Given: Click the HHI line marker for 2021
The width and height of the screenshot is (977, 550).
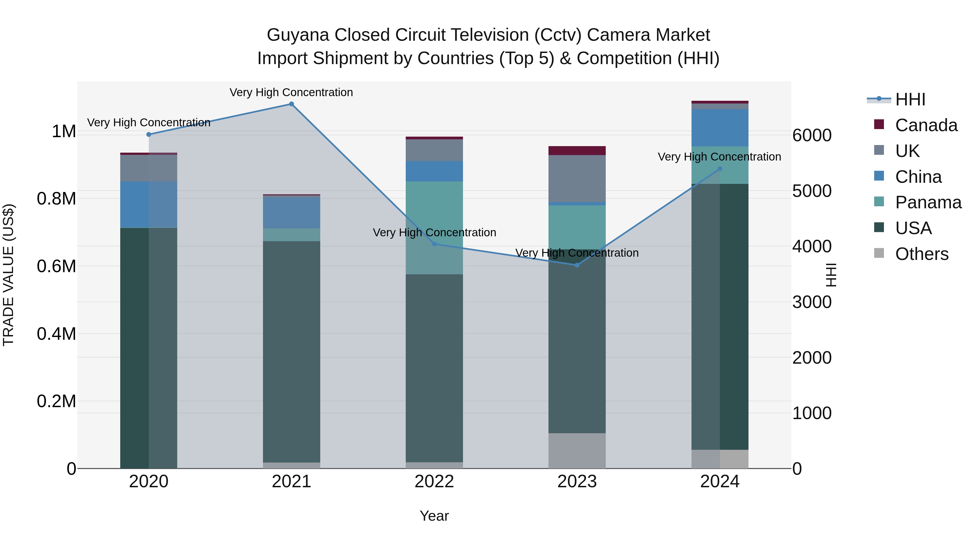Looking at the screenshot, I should pyautogui.click(x=291, y=104).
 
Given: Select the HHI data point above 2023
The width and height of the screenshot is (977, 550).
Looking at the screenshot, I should pyautogui.click(x=577, y=265).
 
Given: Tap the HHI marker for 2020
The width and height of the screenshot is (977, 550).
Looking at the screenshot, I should pyautogui.click(x=149, y=134).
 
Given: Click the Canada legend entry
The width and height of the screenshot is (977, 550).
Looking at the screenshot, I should pyautogui.click(x=925, y=125).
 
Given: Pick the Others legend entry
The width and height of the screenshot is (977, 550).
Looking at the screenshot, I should pyautogui.click(x=921, y=254).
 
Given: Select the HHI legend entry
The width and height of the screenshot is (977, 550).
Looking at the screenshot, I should pyautogui.click(x=910, y=99).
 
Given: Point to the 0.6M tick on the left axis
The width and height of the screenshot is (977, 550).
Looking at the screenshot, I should pyautogui.click(x=56, y=266).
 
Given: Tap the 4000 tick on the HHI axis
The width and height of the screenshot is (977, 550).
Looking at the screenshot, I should pyautogui.click(x=812, y=246).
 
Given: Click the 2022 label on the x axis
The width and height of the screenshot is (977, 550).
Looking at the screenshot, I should pyautogui.click(x=434, y=481).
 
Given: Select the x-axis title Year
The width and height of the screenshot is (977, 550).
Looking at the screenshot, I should pyautogui.click(x=434, y=516).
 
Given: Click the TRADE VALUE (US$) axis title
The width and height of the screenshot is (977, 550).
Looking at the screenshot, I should pyautogui.click(x=8, y=275).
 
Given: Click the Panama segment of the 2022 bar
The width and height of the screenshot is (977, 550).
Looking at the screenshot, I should pyautogui.click(x=434, y=228).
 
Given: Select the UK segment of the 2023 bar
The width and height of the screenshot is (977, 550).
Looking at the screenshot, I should pyautogui.click(x=577, y=178).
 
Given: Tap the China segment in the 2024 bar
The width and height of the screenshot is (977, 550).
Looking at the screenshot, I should pyautogui.click(x=719, y=128).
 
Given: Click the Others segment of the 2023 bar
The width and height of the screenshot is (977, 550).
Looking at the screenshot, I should pyautogui.click(x=577, y=451).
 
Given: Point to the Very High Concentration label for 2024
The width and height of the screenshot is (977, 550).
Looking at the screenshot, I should pyautogui.click(x=719, y=157).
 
